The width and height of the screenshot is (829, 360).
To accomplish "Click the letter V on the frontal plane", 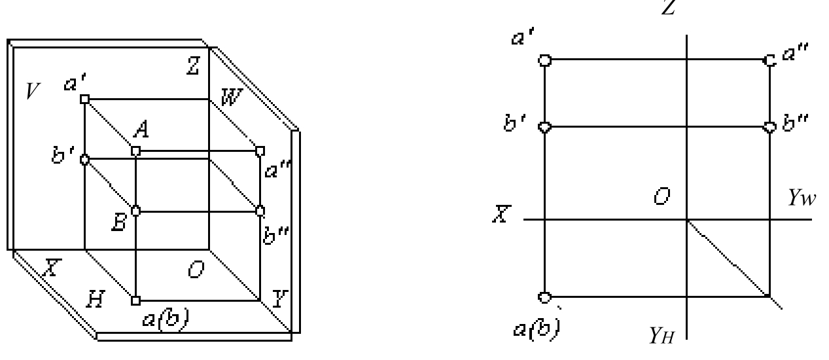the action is click(33, 91).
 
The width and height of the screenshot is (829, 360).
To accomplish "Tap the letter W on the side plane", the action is click(232, 97).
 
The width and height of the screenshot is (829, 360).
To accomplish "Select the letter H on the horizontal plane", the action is click(96, 299).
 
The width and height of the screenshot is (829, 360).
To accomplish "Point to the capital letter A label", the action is click(142, 129).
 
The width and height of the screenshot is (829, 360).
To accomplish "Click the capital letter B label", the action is click(119, 223).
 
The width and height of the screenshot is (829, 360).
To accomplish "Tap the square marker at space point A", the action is click(135, 151).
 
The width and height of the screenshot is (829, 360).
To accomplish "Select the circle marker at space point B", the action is click(135, 211).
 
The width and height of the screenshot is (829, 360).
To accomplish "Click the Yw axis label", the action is click(802, 198).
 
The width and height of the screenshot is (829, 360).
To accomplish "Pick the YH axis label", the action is click(662, 335).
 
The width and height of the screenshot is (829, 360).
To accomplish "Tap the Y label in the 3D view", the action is click(280, 298).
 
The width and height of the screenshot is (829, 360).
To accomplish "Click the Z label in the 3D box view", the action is click(193, 66).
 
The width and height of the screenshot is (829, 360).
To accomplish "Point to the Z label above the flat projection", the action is click(669, 7).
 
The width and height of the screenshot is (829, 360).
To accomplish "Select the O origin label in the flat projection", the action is click(662, 196).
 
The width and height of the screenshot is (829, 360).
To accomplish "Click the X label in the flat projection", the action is click(502, 213).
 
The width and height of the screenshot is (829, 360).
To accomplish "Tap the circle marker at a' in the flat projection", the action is click(544, 60).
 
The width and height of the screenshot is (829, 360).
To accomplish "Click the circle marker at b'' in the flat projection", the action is click(769, 128).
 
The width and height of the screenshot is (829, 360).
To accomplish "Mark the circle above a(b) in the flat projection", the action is click(544, 297).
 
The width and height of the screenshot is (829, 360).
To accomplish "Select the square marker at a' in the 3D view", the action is click(85, 99).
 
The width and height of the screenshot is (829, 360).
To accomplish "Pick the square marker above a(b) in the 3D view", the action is click(135, 300).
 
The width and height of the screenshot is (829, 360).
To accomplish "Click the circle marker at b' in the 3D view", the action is click(84, 160).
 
